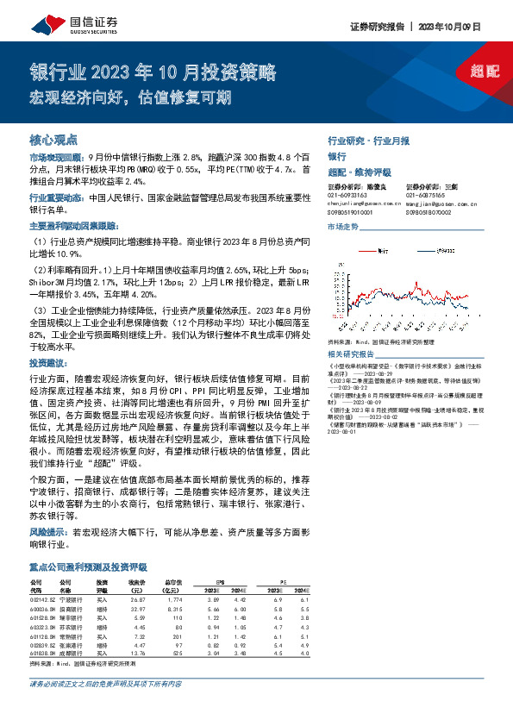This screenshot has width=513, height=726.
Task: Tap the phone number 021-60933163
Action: [347, 197]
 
